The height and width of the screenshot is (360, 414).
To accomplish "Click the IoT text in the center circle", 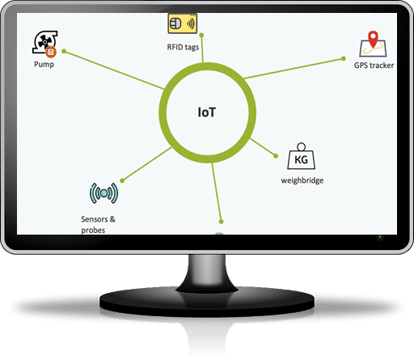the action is [207, 112].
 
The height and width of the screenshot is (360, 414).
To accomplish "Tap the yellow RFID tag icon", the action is [183, 23].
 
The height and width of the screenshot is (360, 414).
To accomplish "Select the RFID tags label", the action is [183, 47].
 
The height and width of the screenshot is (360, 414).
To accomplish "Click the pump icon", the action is [44, 44].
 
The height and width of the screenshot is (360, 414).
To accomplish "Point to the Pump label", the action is [44, 65].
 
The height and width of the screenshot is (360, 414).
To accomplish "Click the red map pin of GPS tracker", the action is [373, 39].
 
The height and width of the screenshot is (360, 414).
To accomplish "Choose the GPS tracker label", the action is [374, 66].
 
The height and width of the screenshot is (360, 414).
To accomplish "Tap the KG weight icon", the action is [301, 156].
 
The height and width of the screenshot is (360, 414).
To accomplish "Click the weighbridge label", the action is [302, 180].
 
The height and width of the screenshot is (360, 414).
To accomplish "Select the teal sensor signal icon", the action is [103, 193].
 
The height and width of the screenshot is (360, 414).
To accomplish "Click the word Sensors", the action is [95, 219].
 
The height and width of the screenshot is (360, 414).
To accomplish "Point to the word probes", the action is [93, 231].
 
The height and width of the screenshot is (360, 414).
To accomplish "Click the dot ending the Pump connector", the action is [64, 51].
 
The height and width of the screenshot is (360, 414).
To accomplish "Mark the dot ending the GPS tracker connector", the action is [344, 58].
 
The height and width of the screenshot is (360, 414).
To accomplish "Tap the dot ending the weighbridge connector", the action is [276, 156].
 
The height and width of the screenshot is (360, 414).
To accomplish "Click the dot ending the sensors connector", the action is [122, 180].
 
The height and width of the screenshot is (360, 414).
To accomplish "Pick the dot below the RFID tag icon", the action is [201, 35].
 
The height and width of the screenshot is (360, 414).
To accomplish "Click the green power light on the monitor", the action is [380, 237].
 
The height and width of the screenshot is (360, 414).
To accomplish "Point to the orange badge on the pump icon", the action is [51, 52].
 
